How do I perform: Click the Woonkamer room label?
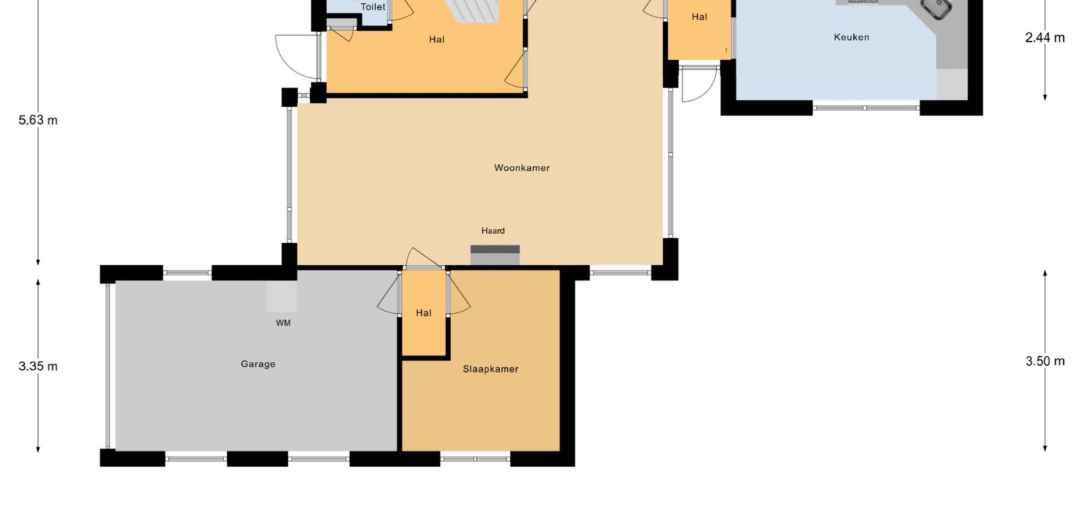coord(522,168)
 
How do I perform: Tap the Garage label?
coord(258,364)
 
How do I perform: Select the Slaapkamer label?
coord(491,369)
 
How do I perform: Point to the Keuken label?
coord(852,37)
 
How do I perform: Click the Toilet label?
coord(373,7)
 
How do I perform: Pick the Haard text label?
coord(493,231)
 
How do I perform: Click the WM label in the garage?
coord(283,323)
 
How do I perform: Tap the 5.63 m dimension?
coord(38,120)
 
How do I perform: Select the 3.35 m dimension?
coord(38,366)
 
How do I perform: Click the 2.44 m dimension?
coord(1045,38)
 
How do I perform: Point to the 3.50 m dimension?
coord(1045,361)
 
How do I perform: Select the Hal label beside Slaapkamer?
coord(424,313)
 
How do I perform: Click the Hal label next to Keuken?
coord(699,17)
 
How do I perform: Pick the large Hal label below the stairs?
coord(437,40)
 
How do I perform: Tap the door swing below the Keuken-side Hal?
coord(698,84)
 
